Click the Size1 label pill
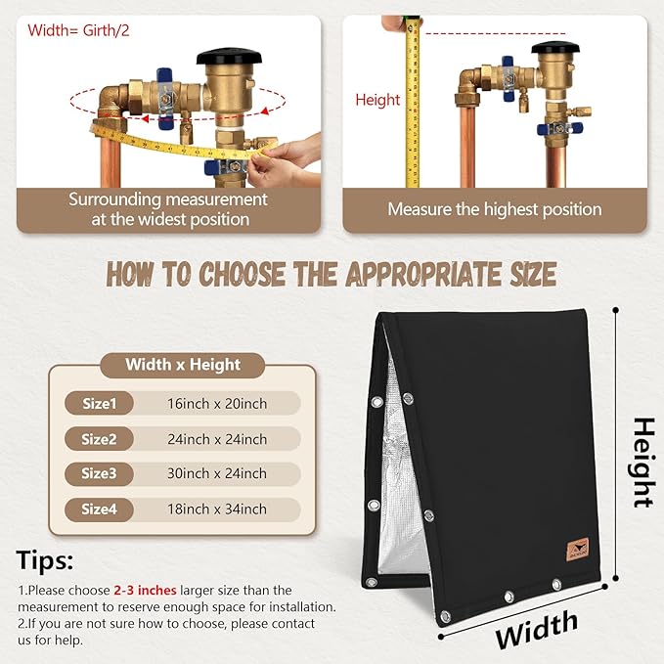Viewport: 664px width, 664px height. click(99, 403)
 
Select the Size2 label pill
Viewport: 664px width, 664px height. click(99, 439)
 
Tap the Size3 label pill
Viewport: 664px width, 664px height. click(99, 473)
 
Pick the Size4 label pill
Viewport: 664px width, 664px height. click(99, 509)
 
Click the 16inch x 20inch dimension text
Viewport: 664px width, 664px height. click(217, 404)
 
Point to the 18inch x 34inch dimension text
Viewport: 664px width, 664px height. click(217, 509)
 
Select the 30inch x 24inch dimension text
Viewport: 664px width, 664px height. click(217, 473)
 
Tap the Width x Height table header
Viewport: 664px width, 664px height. click(183, 365)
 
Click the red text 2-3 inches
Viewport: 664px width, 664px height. click(145, 590)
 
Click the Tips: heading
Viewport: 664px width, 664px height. click(44, 560)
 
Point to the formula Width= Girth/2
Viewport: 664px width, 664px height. click(78, 30)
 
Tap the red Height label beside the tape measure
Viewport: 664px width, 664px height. click(377, 101)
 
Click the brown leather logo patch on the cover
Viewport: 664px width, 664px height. click(578, 550)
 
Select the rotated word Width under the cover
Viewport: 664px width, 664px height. click(537, 630)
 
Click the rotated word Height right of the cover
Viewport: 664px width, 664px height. click(643, 463)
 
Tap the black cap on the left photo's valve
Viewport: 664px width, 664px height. click(229, 56)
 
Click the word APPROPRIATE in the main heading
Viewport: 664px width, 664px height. click(424, 274)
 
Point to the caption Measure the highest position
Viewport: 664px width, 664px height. click(495, 209)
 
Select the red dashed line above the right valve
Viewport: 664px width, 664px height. click(496, 33)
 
